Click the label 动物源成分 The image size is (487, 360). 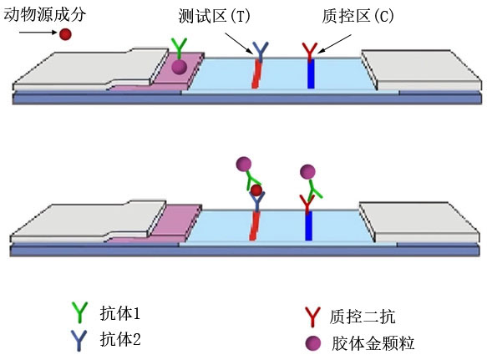(44, 14)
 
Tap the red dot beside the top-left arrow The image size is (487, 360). (65, 34)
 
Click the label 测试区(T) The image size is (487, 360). (215, 16)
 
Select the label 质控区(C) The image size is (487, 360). (358, 16)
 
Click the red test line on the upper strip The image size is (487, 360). (256, 74)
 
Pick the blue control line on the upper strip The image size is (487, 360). (311, 74)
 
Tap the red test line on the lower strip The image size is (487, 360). (255, 226)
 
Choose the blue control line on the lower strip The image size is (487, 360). (308, 226)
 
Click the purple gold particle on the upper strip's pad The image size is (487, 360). (180, 67)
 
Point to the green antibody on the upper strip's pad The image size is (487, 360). (180, 49)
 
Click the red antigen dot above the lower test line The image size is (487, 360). (256, 190)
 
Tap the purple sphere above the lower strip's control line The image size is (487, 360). (307, 172)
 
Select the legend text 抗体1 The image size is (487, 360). (120, 313)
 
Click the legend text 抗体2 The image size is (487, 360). (120, 338)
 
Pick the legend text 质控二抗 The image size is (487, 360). (363, 317)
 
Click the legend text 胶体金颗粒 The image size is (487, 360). (373, 343)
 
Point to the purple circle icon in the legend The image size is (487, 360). (313, 343)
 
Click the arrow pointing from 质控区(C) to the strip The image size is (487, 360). (334, 43)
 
